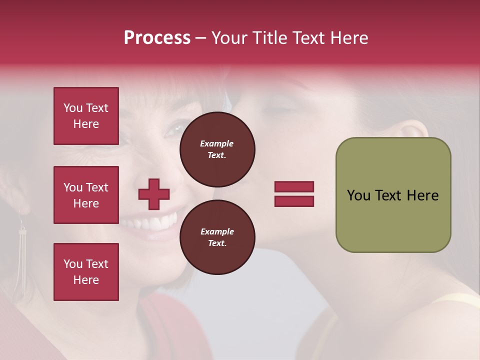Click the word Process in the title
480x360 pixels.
(157, 38)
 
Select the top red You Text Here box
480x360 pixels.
(86, 116)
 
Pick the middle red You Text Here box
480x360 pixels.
(86, 195)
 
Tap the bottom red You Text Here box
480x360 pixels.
(86, 271)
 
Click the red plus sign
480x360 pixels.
(154, 194)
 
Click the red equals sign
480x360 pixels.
(294, 194)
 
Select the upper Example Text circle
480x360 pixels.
(217, 149)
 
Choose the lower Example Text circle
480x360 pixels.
(217, 237)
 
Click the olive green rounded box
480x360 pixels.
(393, 195)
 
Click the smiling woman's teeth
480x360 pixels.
(159, 222)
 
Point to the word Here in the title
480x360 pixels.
(349, 38)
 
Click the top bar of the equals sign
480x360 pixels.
(294, 187)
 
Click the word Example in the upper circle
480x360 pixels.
(217, 143)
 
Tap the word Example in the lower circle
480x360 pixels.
(217, 231)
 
